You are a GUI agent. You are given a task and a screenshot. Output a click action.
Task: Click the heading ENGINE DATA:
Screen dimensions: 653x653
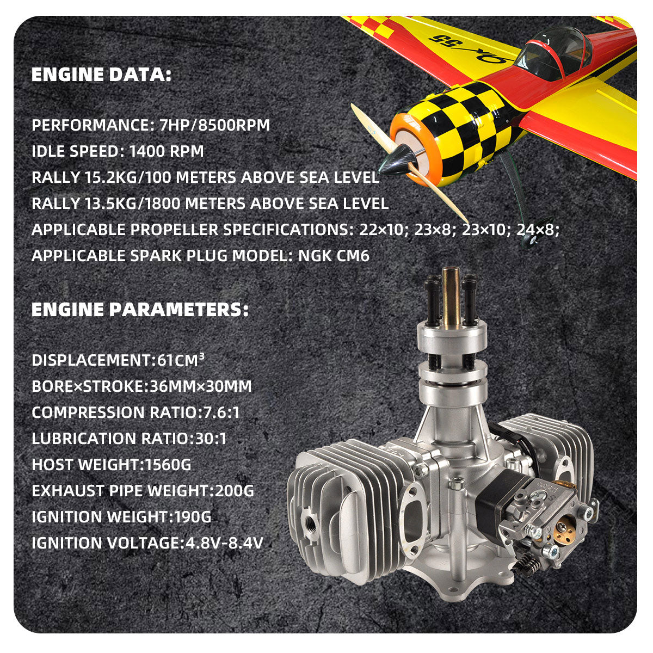tap(101, 75)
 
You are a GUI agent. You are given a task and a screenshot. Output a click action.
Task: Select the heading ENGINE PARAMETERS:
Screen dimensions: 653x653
tap(140, 310)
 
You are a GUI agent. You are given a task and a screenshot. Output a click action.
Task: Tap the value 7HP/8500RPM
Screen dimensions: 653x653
tap(214, 125)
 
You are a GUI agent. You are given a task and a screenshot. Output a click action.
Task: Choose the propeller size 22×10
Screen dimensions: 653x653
tap(381, 230)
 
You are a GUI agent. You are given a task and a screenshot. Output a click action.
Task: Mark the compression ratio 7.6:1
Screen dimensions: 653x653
tap(221, 412)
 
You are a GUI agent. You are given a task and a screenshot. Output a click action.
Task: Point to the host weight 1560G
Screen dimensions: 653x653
tap(168, 464)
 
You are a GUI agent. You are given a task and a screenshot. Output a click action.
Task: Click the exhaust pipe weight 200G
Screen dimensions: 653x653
tap(234, 490)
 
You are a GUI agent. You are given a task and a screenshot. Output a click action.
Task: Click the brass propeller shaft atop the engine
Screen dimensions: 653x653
tap(451, 298)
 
